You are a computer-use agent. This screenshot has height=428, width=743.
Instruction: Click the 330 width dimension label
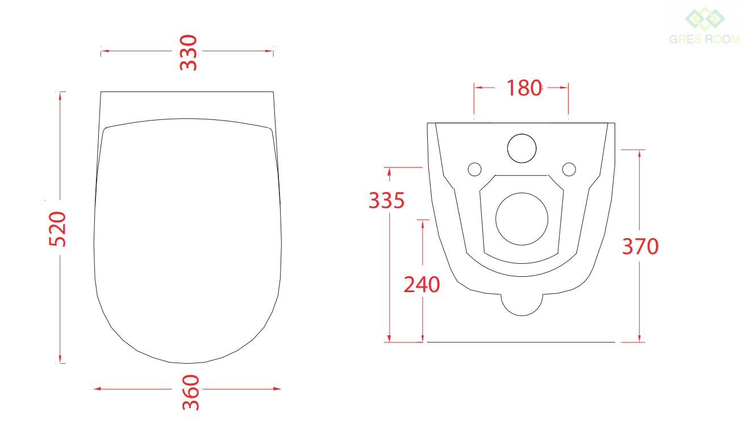point(188,52)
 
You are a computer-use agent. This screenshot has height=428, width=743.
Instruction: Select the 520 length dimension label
point(57,229)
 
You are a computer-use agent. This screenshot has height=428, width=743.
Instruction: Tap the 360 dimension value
point(191,393)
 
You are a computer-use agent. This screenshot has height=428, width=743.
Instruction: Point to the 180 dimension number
point(524,88)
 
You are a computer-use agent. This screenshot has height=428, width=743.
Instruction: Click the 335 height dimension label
point(387,201)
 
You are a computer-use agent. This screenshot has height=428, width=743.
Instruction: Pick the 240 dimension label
point(421,284)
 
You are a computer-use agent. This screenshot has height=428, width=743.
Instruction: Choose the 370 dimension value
point(640,246)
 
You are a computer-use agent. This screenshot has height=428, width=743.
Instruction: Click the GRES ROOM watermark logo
point(704,26)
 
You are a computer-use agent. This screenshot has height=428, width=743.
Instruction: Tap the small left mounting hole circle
point(475,169)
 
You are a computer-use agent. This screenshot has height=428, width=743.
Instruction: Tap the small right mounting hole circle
point(569,169)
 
